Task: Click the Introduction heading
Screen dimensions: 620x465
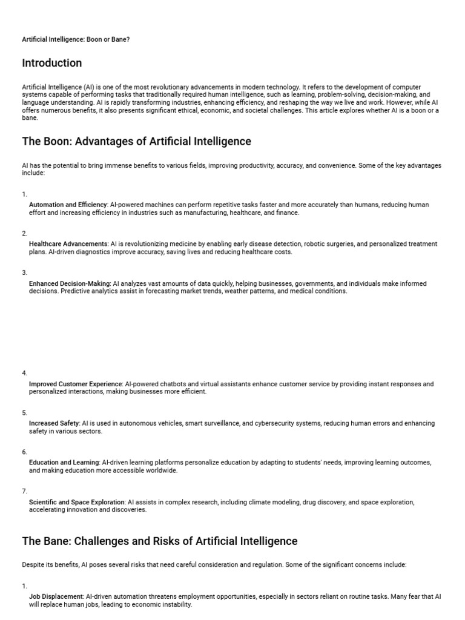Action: (51, 63)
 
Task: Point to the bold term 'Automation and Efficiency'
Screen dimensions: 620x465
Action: (68, 205)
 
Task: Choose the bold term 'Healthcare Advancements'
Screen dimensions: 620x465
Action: (68, 245)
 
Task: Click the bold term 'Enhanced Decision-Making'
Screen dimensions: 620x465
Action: (70, 284)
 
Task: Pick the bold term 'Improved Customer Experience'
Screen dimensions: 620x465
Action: (76, 384)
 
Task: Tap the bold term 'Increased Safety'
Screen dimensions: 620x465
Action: (54, 424)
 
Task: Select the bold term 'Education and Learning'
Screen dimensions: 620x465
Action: (64, 463)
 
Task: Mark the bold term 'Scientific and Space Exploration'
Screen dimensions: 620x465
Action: (77, 503)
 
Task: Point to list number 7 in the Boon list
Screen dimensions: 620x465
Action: (24, 492)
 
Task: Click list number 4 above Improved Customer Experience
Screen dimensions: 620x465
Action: (24, 374)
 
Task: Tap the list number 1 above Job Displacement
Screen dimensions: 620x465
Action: (24, 586)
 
